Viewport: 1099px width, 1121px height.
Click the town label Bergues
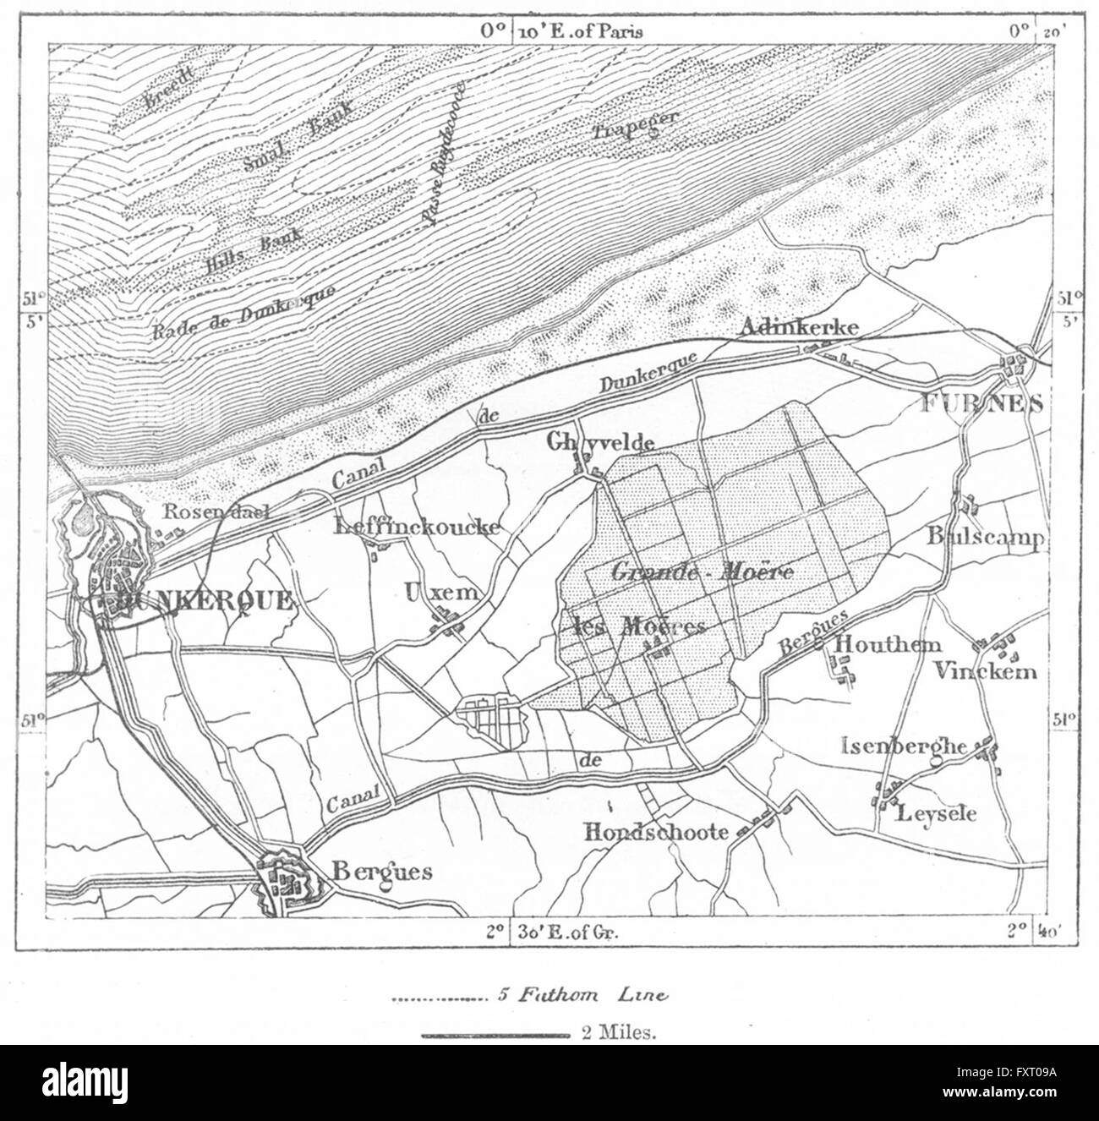383,872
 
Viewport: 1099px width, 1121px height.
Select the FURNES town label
981,404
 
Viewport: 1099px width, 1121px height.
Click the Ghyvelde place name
600,441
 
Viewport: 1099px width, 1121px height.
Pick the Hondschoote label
656,832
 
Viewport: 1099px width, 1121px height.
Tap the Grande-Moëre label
701,571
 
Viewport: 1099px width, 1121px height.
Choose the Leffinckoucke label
417,526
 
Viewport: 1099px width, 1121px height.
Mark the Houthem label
887,644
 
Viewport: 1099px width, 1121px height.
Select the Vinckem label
985,671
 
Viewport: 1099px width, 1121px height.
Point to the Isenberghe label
905,746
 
